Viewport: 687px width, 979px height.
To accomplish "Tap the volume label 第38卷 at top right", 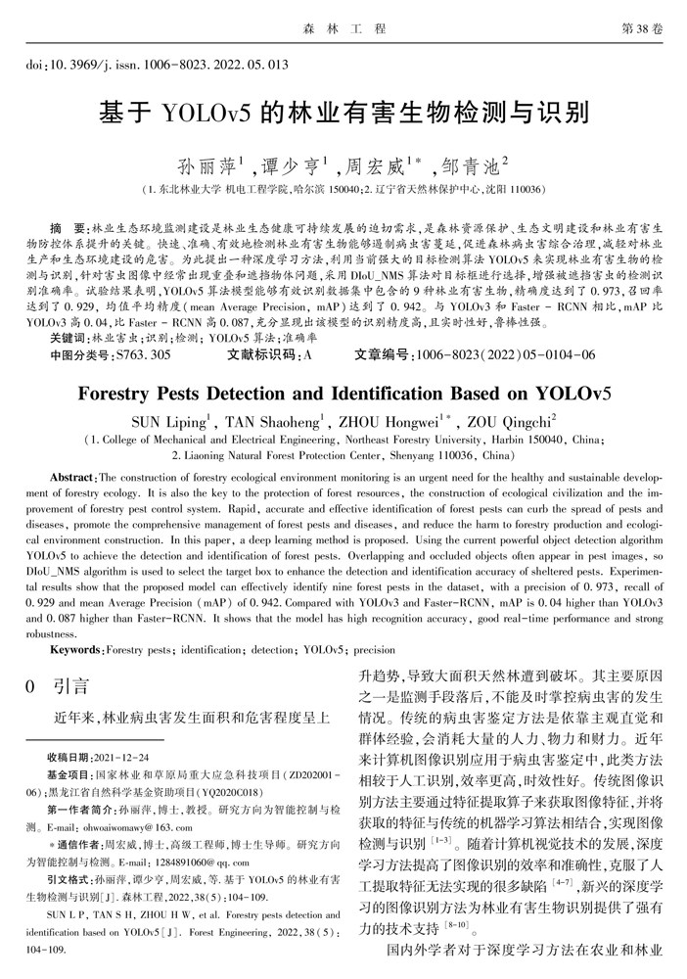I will pyautogui.click(x=642, y=29).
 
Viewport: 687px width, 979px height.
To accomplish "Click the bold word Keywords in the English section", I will pyautogui.click(x=74, y=649).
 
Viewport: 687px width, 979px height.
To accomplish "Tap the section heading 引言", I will pyautogui.click(x=70, y=686).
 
